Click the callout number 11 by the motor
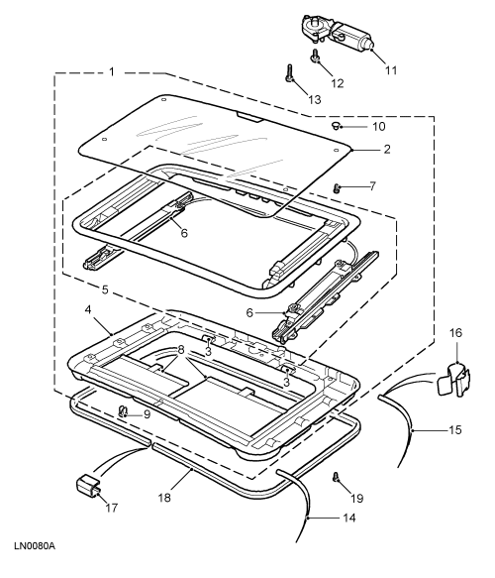click(x=391, y=70)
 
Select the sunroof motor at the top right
click(x=337, y=32)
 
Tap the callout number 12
click(x=338, y=83)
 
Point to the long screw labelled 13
click(x=289, y=72)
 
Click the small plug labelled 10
click(x=336, y=126)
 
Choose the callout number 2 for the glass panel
click(x=387, y=150)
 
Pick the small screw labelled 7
click(x=336, y=188)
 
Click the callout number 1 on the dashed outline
click(x=112, y=71)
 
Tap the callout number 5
click(x=105, y=289)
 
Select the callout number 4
click(x=88, y=310)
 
